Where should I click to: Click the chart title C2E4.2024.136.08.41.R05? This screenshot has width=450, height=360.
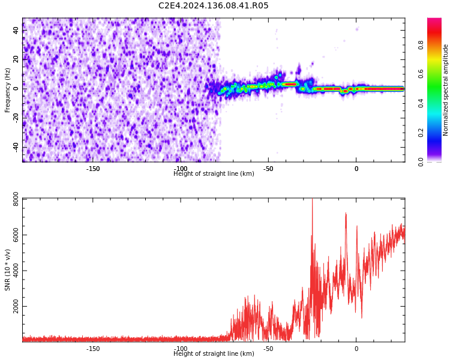click(214, 6)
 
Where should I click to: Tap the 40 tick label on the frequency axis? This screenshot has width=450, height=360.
click(16, 30)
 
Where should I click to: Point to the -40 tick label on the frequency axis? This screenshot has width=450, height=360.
click(15, 147)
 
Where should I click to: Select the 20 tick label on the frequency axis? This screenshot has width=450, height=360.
click(16, 59)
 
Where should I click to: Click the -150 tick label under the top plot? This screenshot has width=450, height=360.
click(93, 169)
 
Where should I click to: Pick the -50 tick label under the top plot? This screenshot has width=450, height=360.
click(268, 169)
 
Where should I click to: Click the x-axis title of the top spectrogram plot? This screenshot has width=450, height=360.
click(214, 174)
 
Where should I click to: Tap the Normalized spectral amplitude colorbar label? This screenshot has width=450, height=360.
click(446, 90)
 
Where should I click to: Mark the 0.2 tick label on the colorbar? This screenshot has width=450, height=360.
click(438, 133)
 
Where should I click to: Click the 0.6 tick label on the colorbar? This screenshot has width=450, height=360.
click(438, 74)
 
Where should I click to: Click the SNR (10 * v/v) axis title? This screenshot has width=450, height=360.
click(8, 270)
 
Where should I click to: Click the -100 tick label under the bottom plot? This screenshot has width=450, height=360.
click(181, 349)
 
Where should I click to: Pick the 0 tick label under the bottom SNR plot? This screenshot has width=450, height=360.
click(356, 349)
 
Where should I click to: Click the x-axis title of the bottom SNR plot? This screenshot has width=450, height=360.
click(214, 354)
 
